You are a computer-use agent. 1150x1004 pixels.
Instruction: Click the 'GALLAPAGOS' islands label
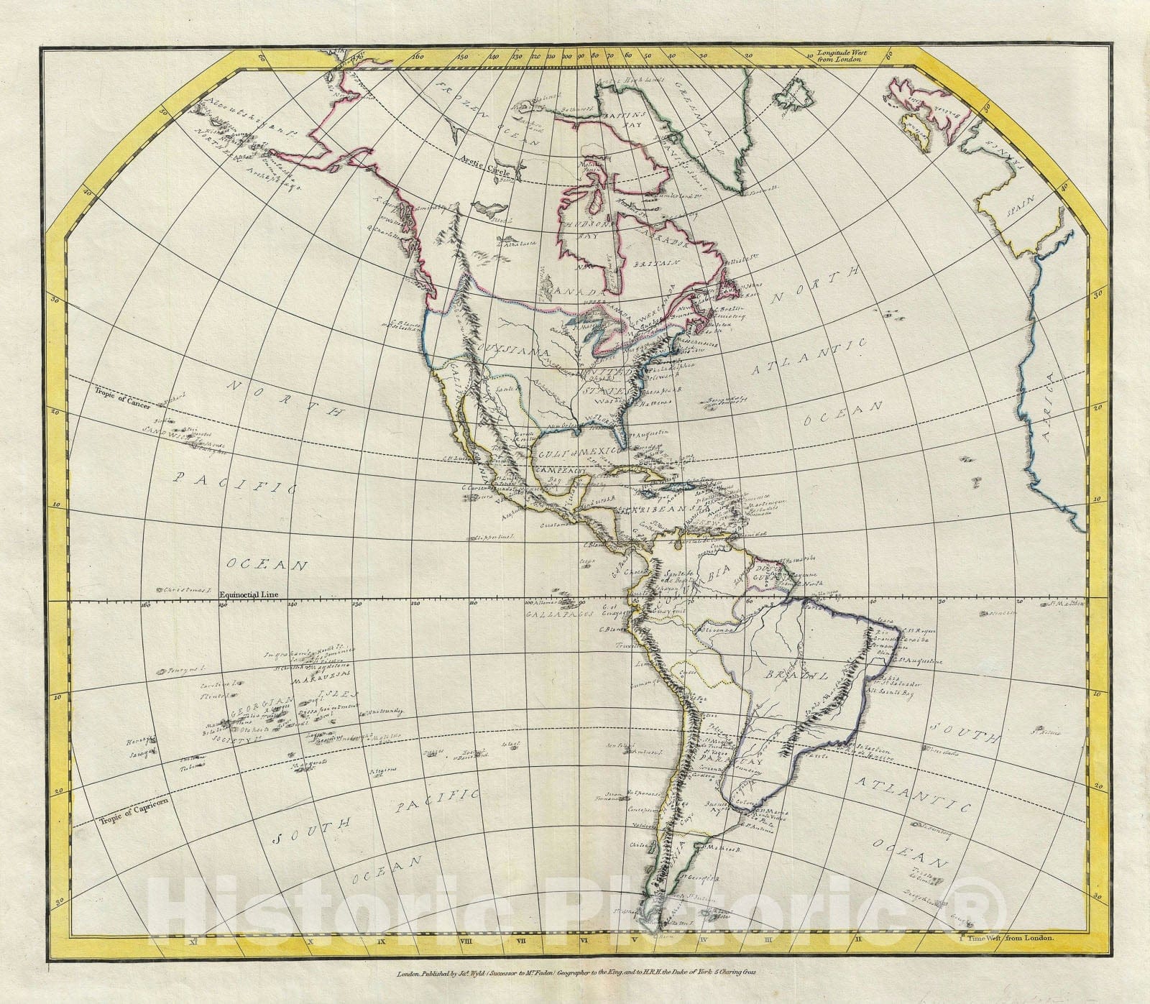pyautogui.click(x=546, y=616)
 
